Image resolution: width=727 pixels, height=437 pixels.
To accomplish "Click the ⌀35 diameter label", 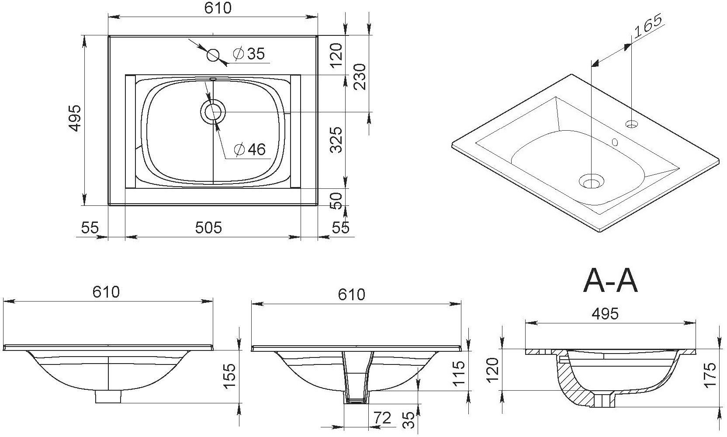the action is (249, 54).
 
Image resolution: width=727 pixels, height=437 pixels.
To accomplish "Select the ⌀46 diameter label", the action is (250, 149).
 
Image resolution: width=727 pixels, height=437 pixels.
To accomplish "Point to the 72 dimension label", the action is (382, 418).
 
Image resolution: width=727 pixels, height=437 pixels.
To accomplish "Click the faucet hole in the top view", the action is (213, 55).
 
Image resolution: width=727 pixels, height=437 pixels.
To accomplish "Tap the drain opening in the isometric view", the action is (592, 181).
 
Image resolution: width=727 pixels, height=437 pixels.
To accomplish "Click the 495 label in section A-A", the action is (605, 313).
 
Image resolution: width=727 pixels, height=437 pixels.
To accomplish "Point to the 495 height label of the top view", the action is (75, 118).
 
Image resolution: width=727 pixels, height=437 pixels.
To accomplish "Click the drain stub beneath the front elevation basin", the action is (108, 396).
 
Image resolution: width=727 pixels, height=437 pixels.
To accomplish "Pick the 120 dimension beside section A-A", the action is (492, 369).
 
